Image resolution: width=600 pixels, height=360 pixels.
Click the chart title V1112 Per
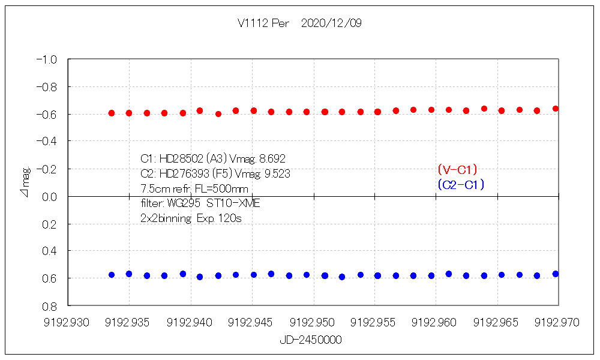click(x=263, y=23)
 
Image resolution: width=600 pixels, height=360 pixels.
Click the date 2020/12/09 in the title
click(x=331, y=23)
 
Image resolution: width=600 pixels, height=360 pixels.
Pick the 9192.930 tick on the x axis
click(x=68, y=323)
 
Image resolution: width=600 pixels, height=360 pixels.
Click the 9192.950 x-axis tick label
click(x=313, y=323)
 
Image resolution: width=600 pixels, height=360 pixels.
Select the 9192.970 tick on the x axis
click(x=558, y=323)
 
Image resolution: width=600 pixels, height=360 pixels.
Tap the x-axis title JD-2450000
click(x=311, y=340)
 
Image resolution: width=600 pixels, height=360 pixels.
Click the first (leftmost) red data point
click(x=112, y=113)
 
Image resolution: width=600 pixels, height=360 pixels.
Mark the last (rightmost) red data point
click(x=556, y=109)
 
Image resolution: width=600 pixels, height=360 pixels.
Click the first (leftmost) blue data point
click(x=112, y=275)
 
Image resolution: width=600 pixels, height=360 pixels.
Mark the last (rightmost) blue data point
click(x=556, y=274)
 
